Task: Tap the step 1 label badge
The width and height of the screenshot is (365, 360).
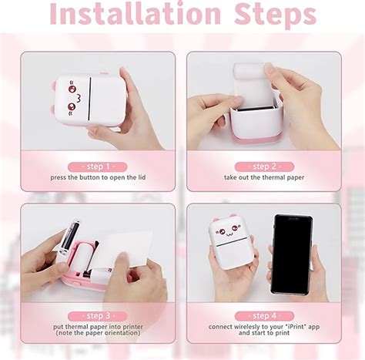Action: pos(98,167)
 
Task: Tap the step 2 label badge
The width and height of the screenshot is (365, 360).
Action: pos(263,167)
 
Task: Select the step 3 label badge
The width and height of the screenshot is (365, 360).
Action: pos(98,316)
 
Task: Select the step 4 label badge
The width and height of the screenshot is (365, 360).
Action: pos(263,316)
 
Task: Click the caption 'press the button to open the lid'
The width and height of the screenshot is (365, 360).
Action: pos(98,178)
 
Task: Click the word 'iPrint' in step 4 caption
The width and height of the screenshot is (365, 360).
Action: pos(289,328)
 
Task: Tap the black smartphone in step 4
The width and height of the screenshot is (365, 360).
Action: pos(291,254)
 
